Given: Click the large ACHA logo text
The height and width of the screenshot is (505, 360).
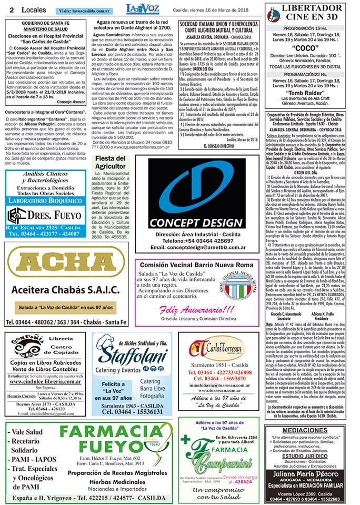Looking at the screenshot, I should (65, 264).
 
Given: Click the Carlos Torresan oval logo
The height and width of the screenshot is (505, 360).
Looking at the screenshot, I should (217, 348).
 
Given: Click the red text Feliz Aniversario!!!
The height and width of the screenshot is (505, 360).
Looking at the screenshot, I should (198, 309).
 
